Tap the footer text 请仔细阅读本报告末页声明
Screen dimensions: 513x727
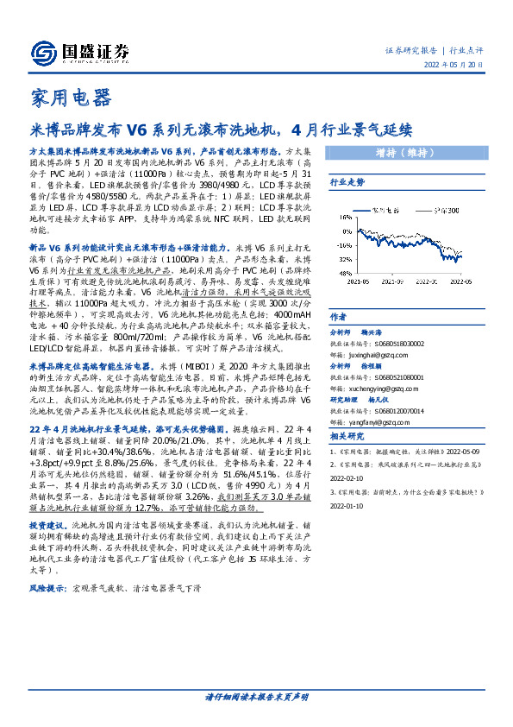[256, 696]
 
